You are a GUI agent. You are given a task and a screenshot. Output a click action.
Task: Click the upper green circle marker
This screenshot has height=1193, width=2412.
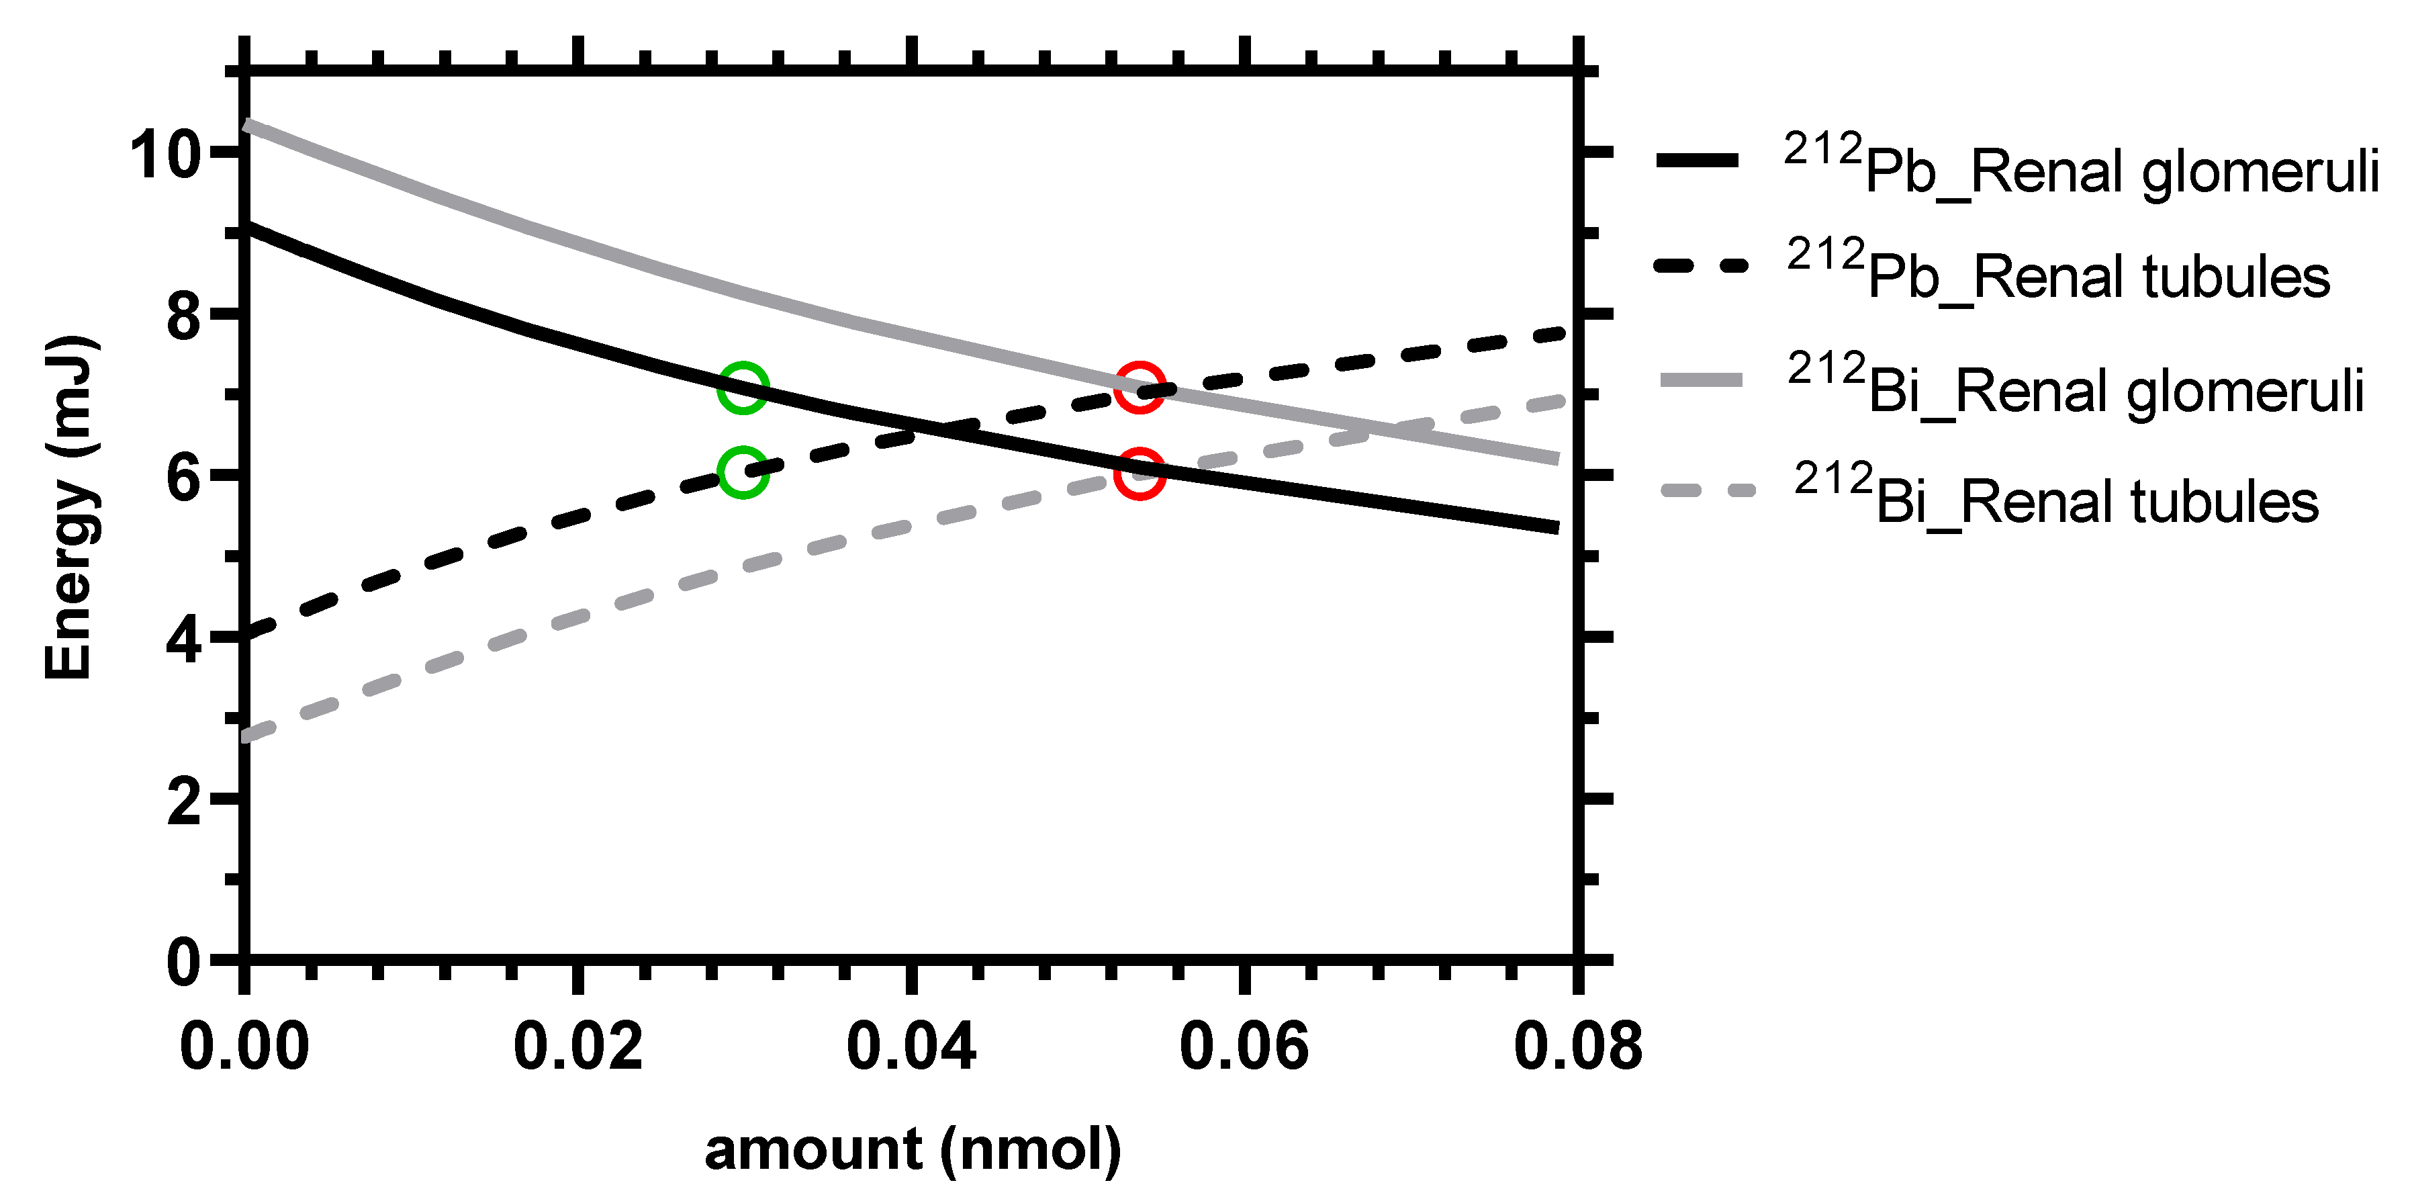743,388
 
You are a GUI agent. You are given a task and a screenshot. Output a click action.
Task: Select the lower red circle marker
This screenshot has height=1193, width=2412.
1140,472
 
